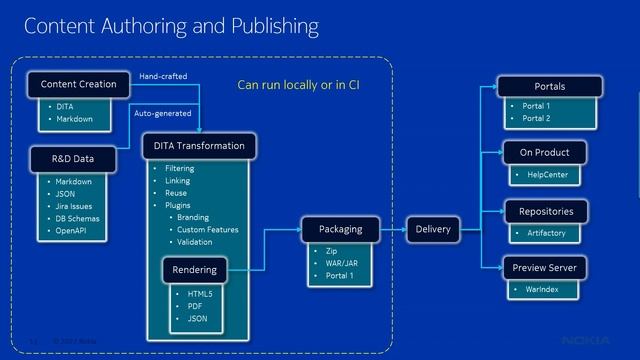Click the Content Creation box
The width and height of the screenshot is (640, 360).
pyautogui.click(x=78, y=84)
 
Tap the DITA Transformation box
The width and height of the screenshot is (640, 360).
pyautogui.click(x=199, y=146)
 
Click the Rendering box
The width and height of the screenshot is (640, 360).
pyautogui.click(x=193, y=269)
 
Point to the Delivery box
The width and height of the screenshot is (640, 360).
pyautogui.click(x=433, y=229)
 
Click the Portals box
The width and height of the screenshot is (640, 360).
pyautogui.click(x=549, y=87)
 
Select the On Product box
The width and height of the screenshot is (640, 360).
pyautogui.click(x=544, y=153)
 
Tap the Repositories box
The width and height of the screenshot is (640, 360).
pyautogui.click(x=546, y=211)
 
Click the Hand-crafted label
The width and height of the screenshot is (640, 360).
pyautogui.click(x=162, y=76)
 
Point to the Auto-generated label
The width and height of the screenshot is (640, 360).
pyautogui.click(x=163, y=113)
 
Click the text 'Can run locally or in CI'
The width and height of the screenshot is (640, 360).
pyautogui.click(x=298, y=85)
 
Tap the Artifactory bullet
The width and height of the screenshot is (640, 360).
pyautogui.click(x=546, y=232)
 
